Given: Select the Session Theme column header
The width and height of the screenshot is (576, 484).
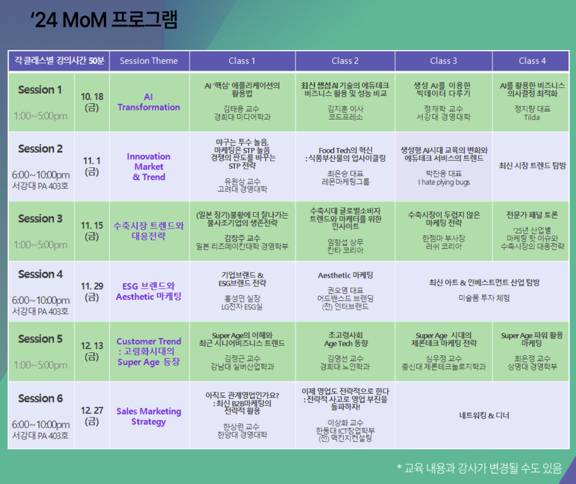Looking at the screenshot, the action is [x=149, y=61].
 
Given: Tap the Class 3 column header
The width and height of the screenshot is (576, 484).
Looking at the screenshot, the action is [x=443, y=61].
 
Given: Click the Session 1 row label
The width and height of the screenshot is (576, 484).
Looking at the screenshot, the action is [x=40, y=90].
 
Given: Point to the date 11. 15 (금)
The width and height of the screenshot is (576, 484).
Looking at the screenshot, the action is [x=92, y=231].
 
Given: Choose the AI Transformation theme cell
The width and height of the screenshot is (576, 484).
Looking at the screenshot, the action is [x=149, y=102].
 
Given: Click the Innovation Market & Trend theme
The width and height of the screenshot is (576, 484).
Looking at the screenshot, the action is [x=149, y=167].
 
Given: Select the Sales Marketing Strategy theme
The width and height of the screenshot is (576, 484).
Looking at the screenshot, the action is [x=149, y=417].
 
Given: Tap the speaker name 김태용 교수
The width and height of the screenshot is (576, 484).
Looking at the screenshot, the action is [x=242, y=109].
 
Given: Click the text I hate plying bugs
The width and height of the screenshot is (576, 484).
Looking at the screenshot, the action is [x=444, y=182].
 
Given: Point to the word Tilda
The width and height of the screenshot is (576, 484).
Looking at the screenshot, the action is [x=532, y=117].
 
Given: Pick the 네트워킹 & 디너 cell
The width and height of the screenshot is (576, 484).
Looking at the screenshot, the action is [x=484, y=416].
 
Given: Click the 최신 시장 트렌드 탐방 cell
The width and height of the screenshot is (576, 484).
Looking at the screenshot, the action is [x=532, y=165].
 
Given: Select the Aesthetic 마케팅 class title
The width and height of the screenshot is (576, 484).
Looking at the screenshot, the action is [x=345, y=275].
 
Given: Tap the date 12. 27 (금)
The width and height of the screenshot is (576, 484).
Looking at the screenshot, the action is [x=92, y=416].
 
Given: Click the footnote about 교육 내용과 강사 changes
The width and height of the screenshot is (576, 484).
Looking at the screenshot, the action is [x=479, y=468].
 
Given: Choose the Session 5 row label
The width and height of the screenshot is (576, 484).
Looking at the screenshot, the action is [x=40, y=339].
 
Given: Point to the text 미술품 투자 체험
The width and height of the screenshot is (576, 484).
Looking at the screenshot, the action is [x=484, y=298].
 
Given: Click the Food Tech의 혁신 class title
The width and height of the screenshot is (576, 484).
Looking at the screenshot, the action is [x=346, y=150].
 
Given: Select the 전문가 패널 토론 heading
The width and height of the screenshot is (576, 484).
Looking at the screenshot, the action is [x=532, y=215].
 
